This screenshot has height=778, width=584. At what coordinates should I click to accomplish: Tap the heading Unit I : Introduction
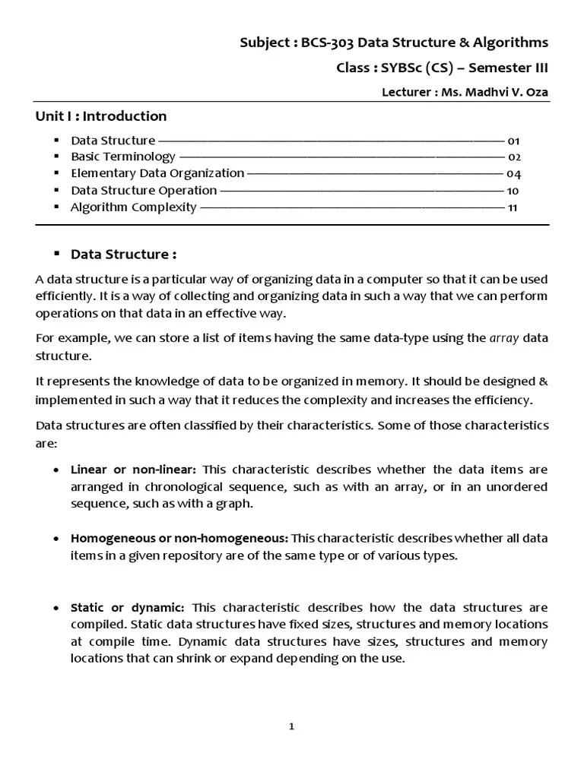tap(101, 116)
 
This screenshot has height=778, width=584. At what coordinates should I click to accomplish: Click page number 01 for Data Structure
tap(513, 141)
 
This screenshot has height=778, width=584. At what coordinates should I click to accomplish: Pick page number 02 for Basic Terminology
tap(513, 157)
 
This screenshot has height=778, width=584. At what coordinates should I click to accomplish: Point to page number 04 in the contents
tap(513, 174)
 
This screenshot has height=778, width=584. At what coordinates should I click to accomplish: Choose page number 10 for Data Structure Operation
tap(513, 191)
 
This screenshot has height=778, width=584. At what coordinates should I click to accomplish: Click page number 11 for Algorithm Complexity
tap(513, 207)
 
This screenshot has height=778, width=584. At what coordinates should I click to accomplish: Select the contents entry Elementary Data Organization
tap(157, 173)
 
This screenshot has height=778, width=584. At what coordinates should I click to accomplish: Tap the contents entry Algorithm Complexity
tap(133, 207)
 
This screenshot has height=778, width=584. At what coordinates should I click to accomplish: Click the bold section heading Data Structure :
tap(124, 254)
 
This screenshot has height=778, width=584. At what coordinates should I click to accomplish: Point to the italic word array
tap(503, 338)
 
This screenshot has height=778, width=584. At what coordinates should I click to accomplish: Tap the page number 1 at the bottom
tap(291, 726)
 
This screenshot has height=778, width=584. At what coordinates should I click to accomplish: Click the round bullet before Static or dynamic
tap(57, 608)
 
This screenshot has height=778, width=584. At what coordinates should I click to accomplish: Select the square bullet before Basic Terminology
tap(56, 157)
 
